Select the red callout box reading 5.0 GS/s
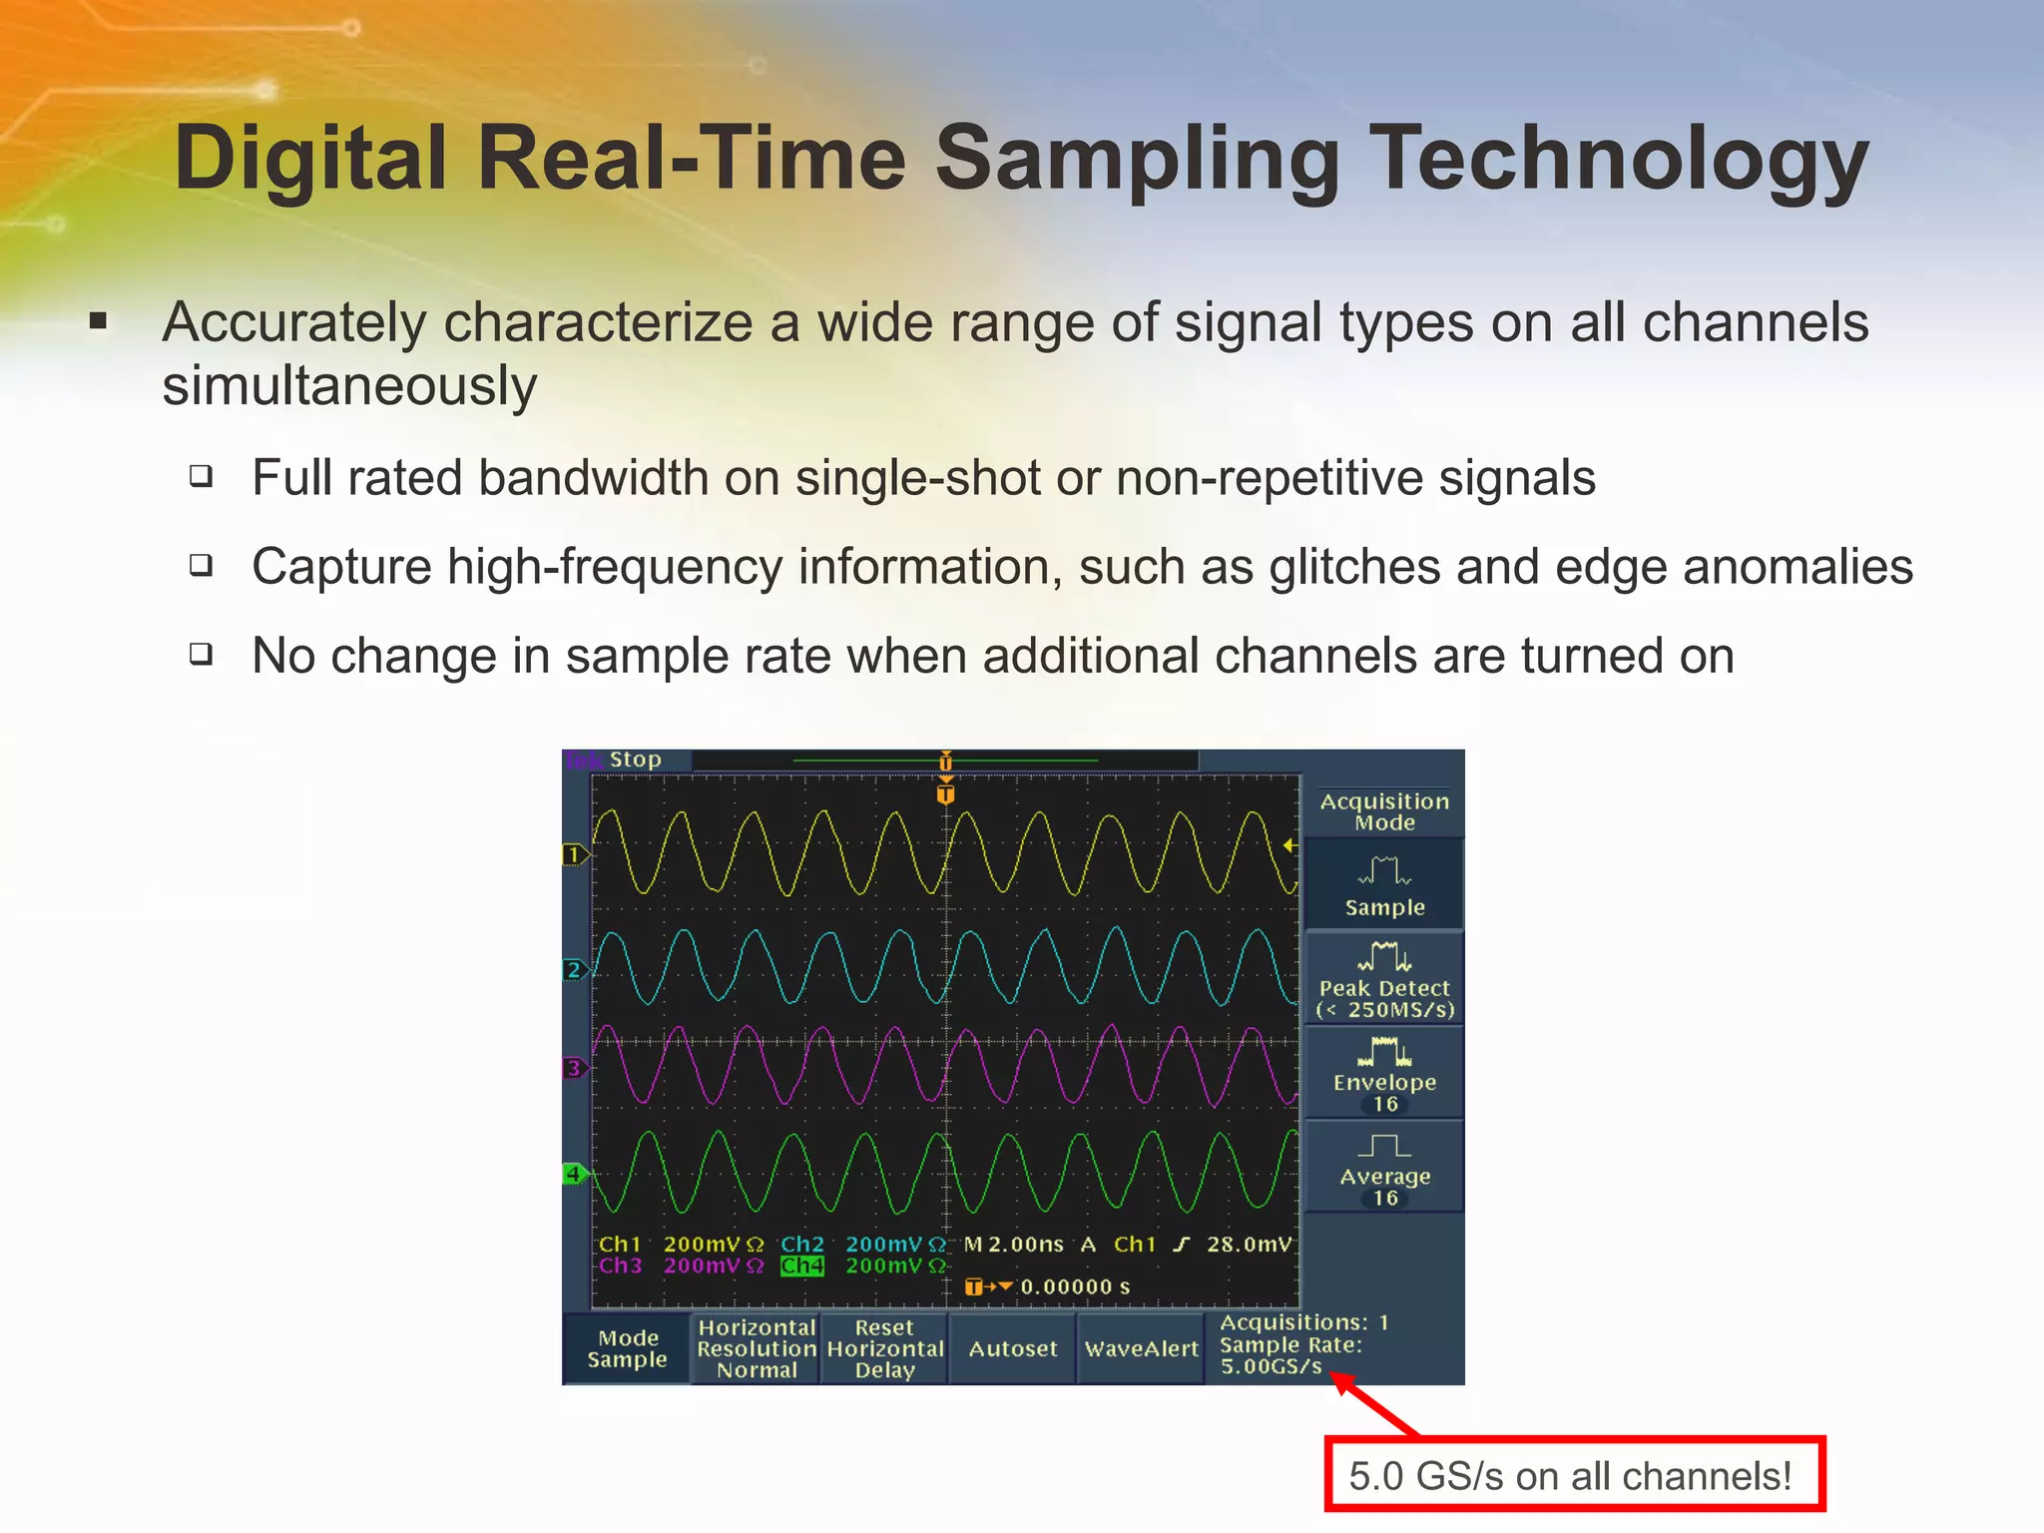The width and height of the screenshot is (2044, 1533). [x=1574, y=1475]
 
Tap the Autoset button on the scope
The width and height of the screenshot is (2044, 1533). [x=1012, y=1348]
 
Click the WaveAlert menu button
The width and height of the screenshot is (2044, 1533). [x=1141, y=1348]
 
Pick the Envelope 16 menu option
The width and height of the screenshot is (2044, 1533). [x=1384, y=1075]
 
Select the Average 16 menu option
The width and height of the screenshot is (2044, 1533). [x=1384, y=1169]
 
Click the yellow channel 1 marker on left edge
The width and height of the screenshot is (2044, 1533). [x=573, y=854]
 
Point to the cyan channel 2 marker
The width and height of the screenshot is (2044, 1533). [x=573, y=969]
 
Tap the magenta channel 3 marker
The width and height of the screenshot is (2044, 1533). [x=573, y=1068]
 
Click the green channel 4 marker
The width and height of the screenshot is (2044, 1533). [x=573, y=1174]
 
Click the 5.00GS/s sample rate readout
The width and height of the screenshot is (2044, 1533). [x=1271, y=1366]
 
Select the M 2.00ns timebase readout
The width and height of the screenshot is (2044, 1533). [x=1013, y=1245]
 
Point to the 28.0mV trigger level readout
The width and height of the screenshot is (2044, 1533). [x=1249, y=1245]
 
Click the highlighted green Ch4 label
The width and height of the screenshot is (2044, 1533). [x=802, y=1266]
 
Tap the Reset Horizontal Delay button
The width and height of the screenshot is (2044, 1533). [x=884, y=1348]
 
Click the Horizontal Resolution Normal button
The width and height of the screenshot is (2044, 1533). [x=757, y=1348]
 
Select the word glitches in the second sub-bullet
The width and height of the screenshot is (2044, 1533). [x=1354, y=567]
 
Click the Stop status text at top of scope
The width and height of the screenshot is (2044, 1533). [x=636, y=760]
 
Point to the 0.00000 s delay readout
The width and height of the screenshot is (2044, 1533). [x=1075, y=1286]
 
